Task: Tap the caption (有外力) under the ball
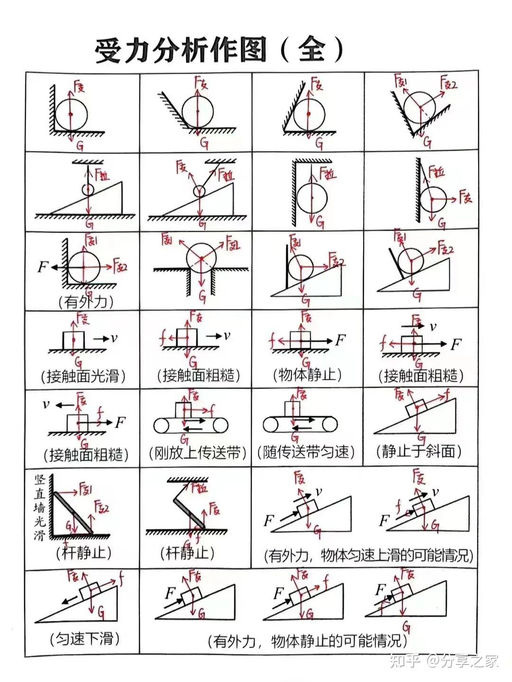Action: [86, 301]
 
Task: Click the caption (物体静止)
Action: [307, 375]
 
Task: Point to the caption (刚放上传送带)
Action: [197, 453]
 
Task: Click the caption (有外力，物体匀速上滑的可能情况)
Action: [369, 555]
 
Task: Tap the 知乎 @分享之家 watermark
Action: [444, 660]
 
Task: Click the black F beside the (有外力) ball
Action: [43, 267]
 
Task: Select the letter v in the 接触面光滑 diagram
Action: [114, 338]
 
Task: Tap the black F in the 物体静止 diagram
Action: [340, 339]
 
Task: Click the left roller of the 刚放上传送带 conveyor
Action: [161, 425]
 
